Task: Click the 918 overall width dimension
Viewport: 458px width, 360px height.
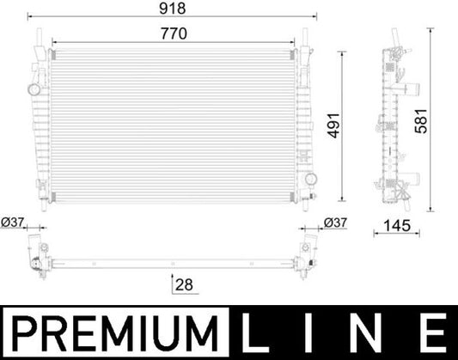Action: click(176, 9)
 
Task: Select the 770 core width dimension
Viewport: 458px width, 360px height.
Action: click(175, 33)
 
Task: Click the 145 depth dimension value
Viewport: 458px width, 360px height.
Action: click(394, 226)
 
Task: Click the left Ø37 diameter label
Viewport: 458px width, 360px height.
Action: click(14, 223)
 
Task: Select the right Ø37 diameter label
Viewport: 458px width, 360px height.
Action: click(335, 223)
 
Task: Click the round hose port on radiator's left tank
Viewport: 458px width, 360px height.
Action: click(34, 88)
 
